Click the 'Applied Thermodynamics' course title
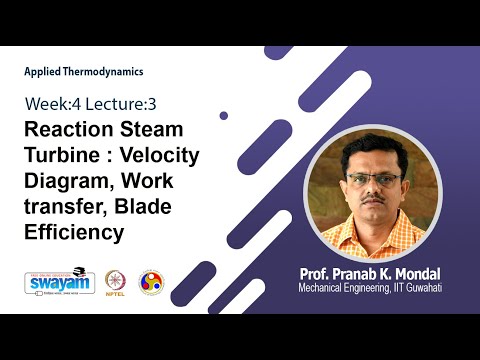point(84,72)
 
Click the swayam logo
point(59,282)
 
